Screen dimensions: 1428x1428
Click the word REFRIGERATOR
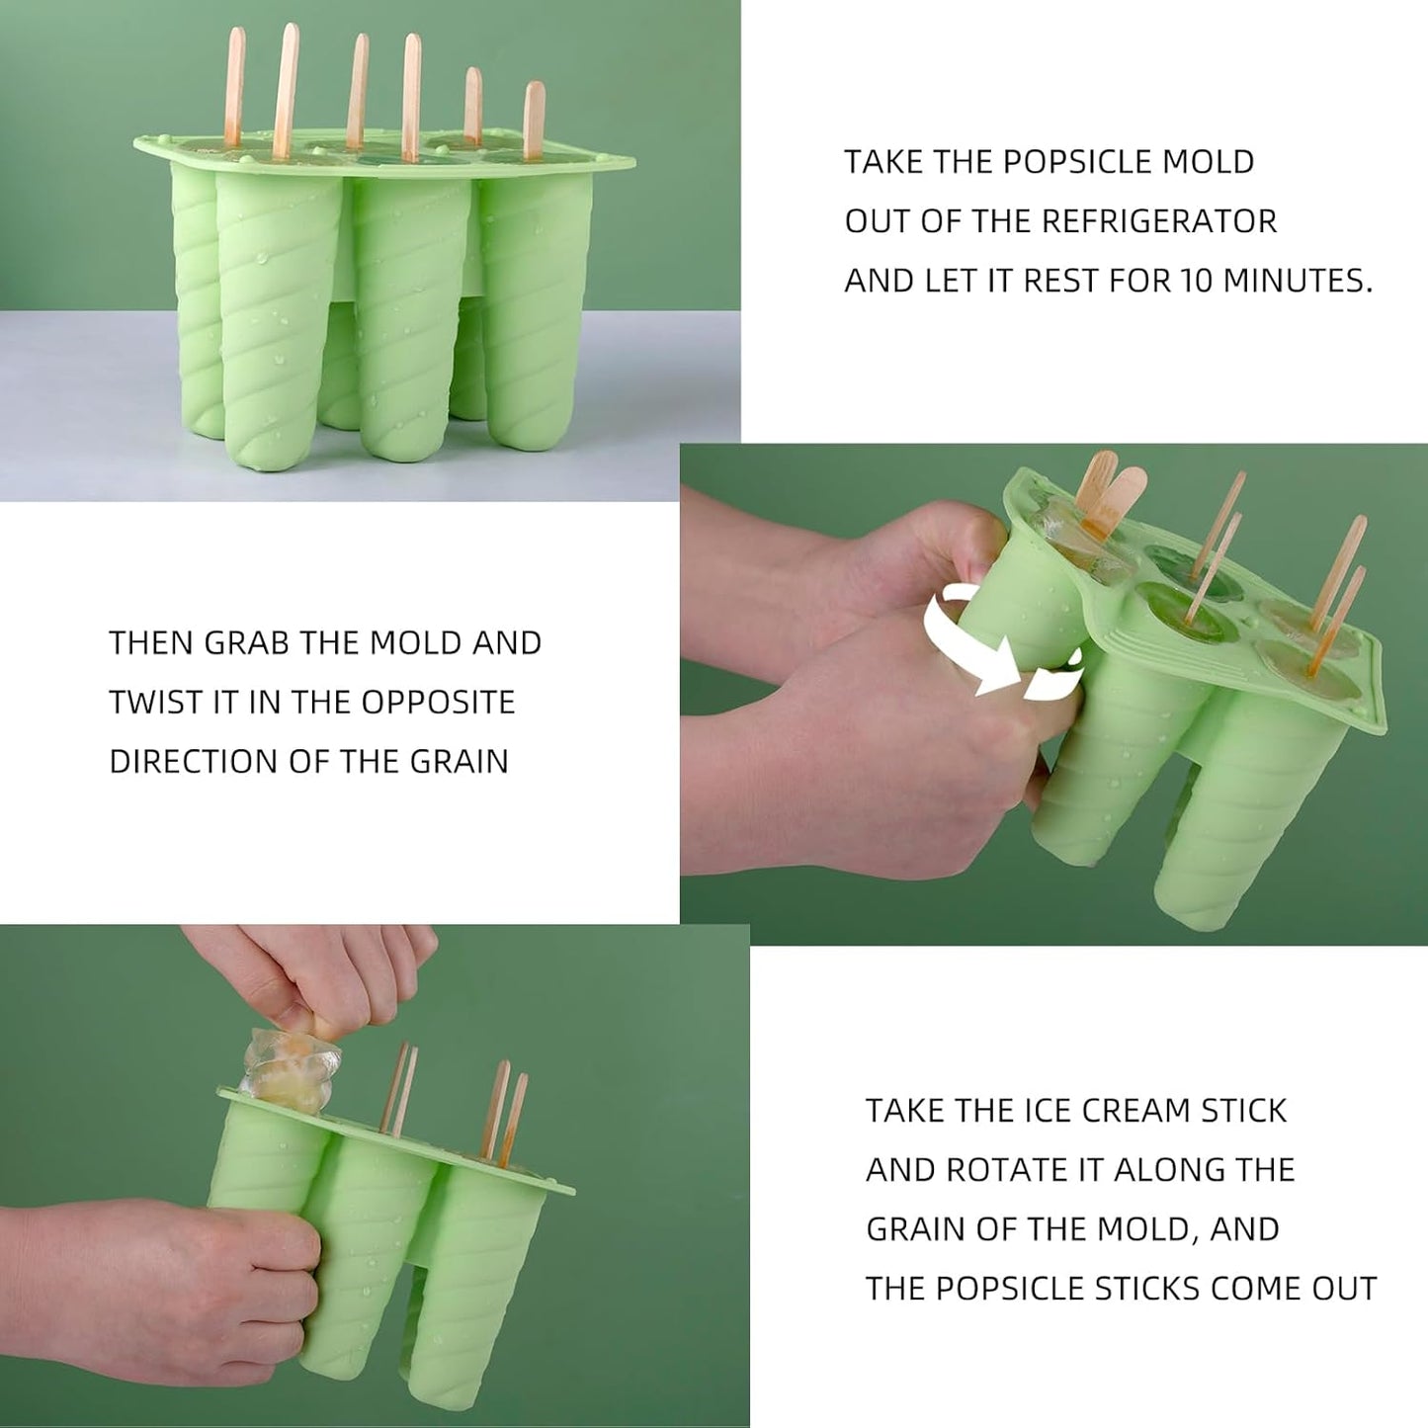point(1161,221)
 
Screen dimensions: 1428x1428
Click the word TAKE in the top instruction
point(882,162)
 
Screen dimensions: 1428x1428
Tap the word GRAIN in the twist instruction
point(459,762)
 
